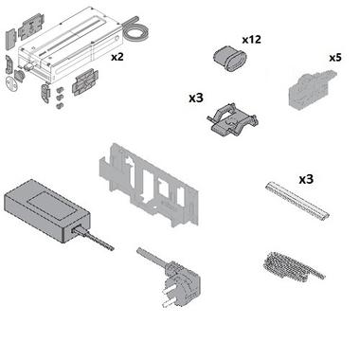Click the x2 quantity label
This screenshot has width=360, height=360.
pyautogui.click(x=117, y=57)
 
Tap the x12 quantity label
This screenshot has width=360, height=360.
pyautogui.click(x=251, y=40)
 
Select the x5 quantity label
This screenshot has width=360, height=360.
pyautogui.click(x=335, y=58)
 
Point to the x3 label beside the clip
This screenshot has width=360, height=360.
pyautogui.click(x=196, y=99)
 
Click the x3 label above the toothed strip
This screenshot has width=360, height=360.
pyautogui.click(x=306, y=179)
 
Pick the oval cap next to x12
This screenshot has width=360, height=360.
pyautogui.click(x=230, y=59)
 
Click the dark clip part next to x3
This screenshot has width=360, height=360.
pyautogui.click(x=233, y=119)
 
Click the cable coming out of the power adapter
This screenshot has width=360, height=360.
pyautogui.click(x=93, y=239)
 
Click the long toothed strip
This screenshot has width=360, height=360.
pyautogui.click(x=297, y=200)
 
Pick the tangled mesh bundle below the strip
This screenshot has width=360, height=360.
pyautogui.click(x=292, y=267)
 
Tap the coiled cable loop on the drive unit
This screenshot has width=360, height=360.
pyautogui.click(x=135, y=30)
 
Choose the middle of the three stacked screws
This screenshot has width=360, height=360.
pyautogui.click(x=59, y=98)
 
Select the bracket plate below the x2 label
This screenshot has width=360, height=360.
pyautogui.click(x=85, y=81)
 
